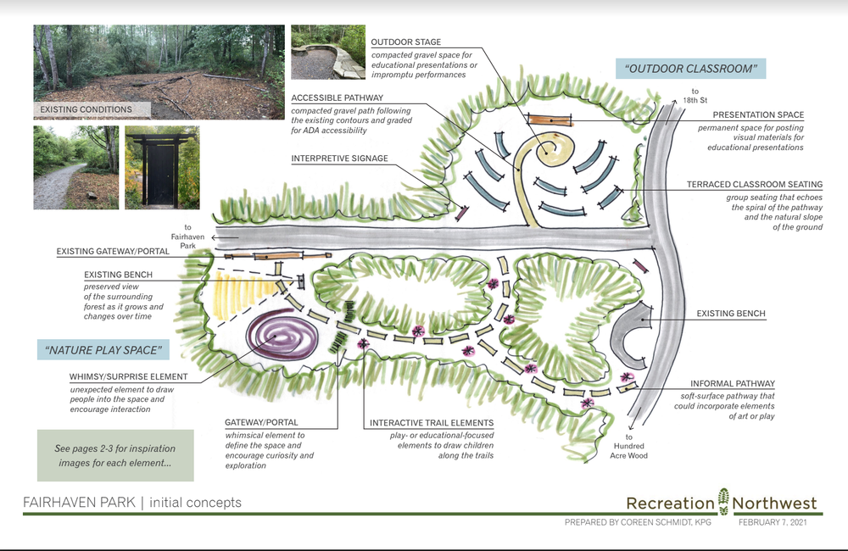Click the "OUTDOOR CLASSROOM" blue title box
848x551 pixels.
pyautogui.click(x=689, y=69)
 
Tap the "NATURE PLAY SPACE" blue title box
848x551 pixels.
pyautogui.click(x=103, y=349)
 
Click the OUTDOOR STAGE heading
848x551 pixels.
pyautogui.click(x=406, y=42)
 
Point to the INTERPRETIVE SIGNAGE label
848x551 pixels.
pyautogui.click(x=339, y=159)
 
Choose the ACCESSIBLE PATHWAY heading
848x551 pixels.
pyautogui.click(x=337, y=97)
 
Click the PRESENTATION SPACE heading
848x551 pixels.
pyautogui.click(x=758, y=114)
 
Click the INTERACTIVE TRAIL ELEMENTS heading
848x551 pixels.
pyautogui.click(x=432, y=423)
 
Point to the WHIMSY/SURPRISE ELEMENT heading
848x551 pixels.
pyautogui.click(x=129, y=376)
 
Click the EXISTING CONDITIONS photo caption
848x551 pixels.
pyautogui.click(x=86, y=109)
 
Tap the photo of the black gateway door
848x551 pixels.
pyautogui.click(x=161, y=167)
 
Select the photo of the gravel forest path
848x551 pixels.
pyautogui.click(x=75, y=167)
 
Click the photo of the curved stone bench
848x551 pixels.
pyautogui.click(x=326, y=53)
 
